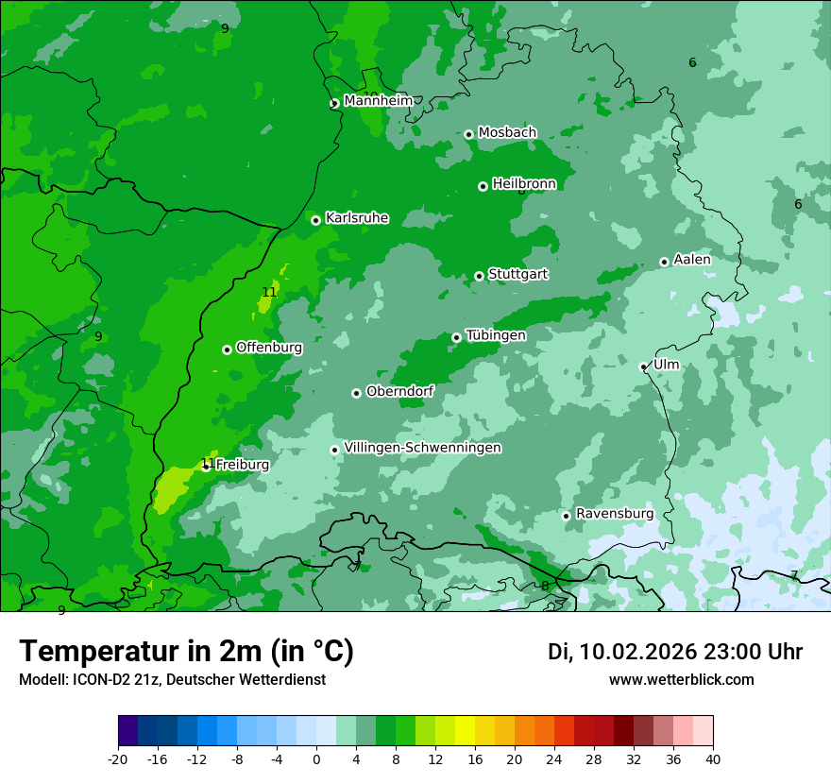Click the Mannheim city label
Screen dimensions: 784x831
point(378,100)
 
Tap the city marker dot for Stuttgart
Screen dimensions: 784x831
point(479,276)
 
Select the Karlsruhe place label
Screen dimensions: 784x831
point(357,218)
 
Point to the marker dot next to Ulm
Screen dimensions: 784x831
point(643,366)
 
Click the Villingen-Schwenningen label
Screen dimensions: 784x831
point(423,448)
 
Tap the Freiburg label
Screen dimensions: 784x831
point(242,465)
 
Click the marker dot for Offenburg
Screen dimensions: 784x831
point(227,349)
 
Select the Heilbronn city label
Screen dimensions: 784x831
point(524,184)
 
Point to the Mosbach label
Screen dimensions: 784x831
point(507,133)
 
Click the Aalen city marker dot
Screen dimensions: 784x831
point(664,262)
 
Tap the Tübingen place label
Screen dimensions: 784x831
point(496,335)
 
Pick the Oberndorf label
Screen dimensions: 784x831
point(399,391)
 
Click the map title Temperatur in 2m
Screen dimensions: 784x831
point(186,652)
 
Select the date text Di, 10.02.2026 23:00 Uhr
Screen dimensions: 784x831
point(675,652)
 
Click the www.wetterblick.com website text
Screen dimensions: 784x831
point(681,680)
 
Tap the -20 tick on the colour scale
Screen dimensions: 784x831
point(118,758)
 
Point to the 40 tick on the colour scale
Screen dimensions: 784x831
point(713,758)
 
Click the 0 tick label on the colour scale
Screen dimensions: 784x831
point(316,758)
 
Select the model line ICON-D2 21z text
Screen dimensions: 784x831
point(172,680)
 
